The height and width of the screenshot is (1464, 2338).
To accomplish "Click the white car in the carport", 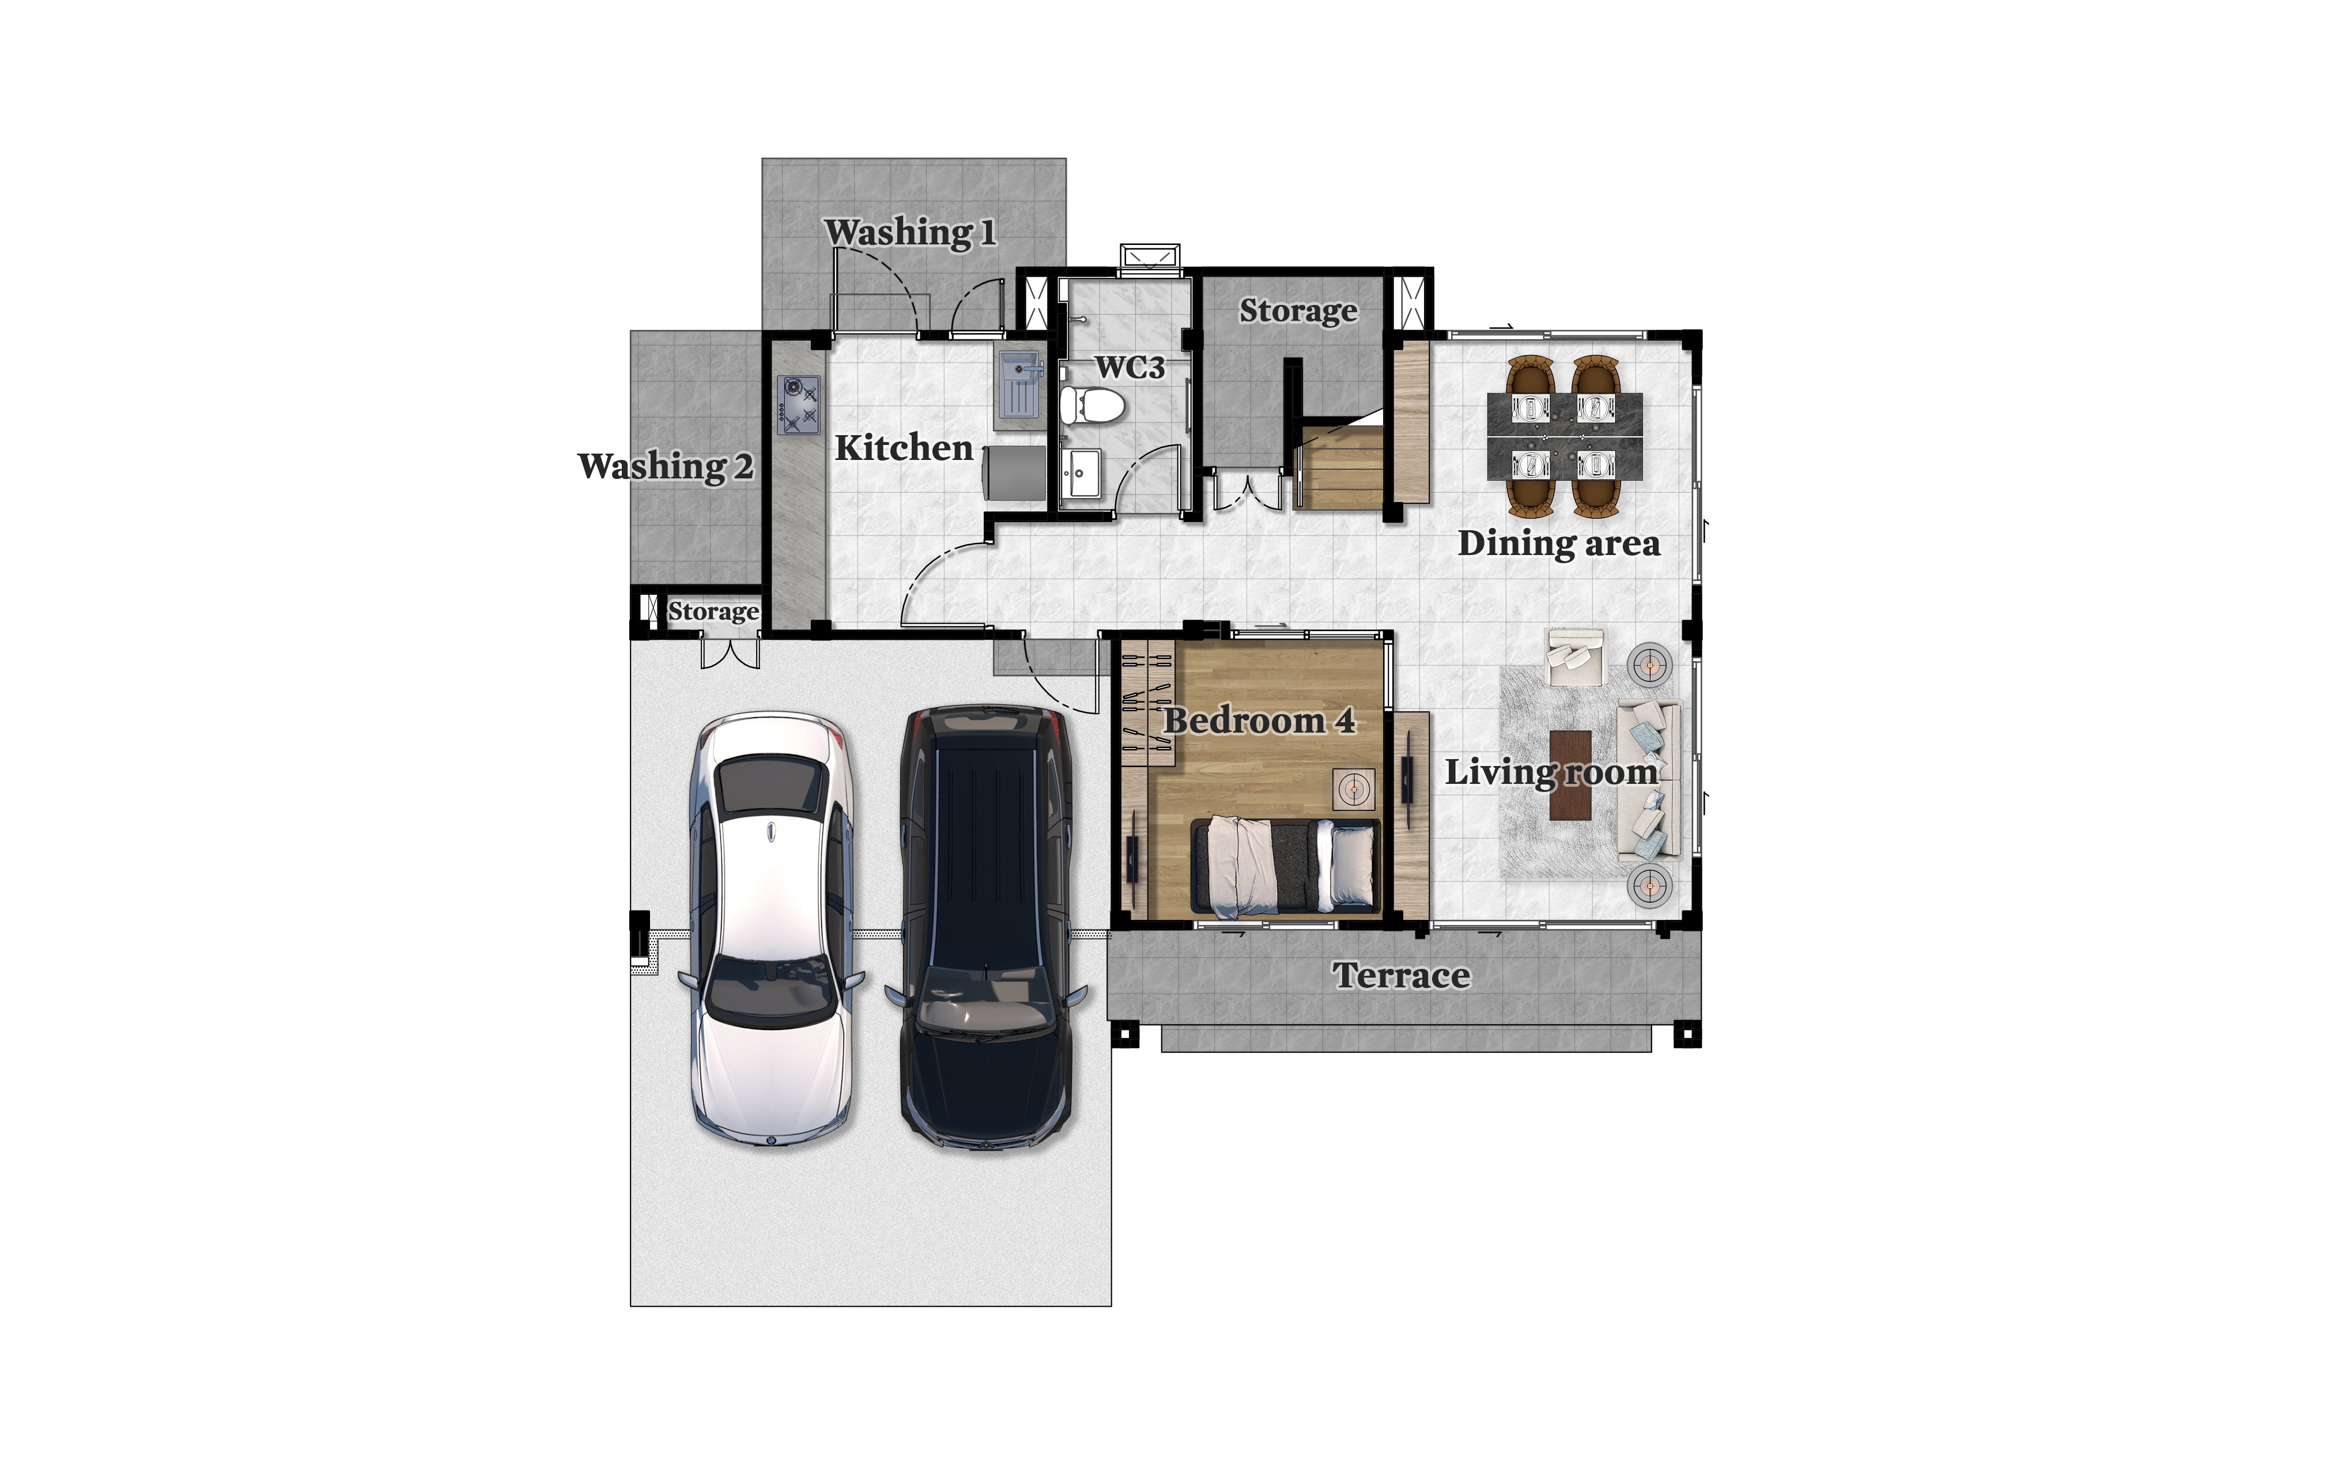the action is click(x=770, y=930).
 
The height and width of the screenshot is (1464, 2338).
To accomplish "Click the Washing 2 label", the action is click(x=665, y=467).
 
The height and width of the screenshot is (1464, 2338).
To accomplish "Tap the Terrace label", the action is click(x=1401, y=975).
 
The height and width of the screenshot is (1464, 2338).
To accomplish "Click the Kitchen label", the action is click(x=903, y=448).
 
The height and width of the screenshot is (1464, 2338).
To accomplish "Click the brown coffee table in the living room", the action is click(x=1570, y=775).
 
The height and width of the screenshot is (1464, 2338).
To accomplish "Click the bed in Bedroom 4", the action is click(x=1285, y=865).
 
